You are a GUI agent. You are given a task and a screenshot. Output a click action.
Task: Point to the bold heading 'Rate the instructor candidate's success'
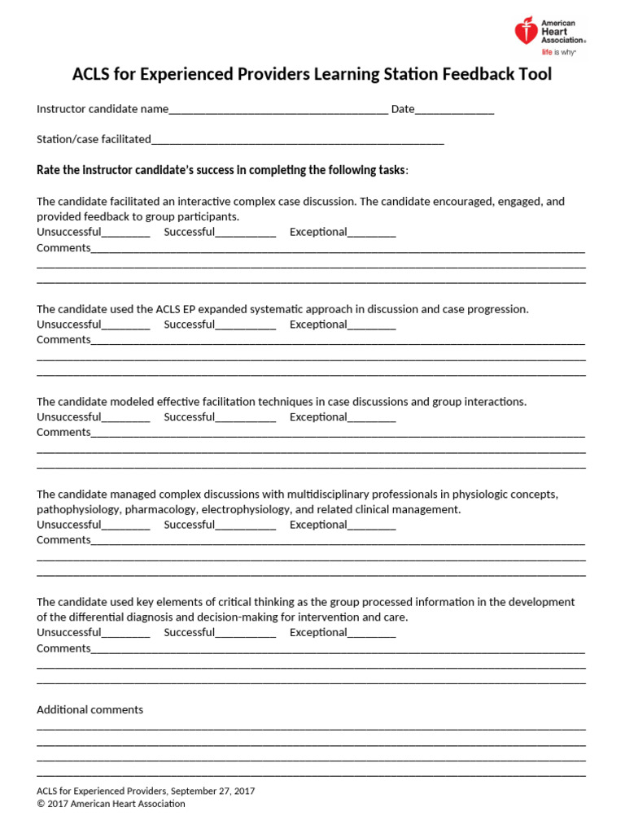coord(221,170)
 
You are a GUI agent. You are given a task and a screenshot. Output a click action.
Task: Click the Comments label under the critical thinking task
coord(63,648)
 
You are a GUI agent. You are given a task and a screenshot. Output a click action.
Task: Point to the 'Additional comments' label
coord(90,710)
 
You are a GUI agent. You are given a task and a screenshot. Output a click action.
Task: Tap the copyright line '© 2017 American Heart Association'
coord(111,804)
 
